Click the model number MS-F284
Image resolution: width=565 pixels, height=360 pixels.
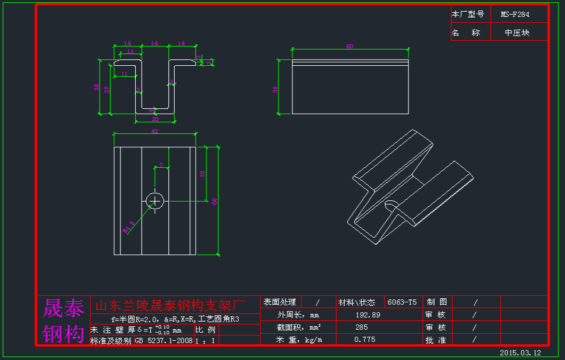(515, 15)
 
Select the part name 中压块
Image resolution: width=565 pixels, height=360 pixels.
(517, 33)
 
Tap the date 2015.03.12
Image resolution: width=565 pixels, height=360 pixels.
(520, 352)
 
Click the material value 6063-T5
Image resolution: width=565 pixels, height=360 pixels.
(402, 302)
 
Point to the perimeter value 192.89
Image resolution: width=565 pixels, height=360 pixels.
(368, 315)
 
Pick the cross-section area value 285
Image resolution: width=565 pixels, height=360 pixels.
(361, 327)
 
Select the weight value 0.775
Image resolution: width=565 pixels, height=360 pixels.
(365, 339)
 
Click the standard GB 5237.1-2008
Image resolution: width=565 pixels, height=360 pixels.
(164, 340)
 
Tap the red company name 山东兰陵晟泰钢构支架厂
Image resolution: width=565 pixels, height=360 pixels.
(169, 305)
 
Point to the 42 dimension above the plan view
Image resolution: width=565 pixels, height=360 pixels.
(154, 131)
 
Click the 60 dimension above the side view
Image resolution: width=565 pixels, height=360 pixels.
(349, 46)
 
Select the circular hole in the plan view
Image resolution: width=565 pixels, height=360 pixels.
(155, 201)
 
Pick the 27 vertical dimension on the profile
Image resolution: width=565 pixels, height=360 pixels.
(107, 89)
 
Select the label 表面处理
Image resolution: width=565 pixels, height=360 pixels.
(280, 302)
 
